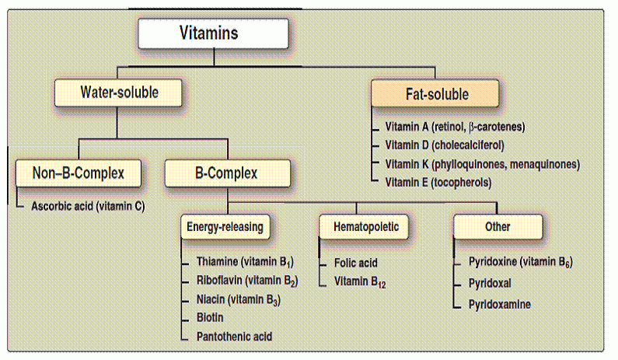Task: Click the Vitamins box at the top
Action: click(213, 33)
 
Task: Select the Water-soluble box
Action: click(118, 93)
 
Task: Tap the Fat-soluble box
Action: click(435, 93)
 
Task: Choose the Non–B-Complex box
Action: click(79, 173)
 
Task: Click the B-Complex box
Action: click(228, 173)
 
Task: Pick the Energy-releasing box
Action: click(225, 227)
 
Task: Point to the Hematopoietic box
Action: click(364, 227)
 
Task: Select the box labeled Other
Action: click(498, 227)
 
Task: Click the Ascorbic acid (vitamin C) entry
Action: click(88, 206)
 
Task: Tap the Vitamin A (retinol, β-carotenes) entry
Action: click(456, 127)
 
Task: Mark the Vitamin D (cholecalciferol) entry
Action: click(445, 145)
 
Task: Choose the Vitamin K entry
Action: click(483, 164)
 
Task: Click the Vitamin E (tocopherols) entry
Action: click(438, 183)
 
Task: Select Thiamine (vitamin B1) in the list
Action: click(245, 262)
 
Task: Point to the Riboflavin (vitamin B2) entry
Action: click(247, 281)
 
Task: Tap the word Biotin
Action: click(210, 317)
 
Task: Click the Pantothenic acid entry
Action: click(235, 337)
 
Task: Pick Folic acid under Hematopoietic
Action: click(356, 263)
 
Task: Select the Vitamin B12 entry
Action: click(360, 282)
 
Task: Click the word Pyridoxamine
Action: click(500, 304)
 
